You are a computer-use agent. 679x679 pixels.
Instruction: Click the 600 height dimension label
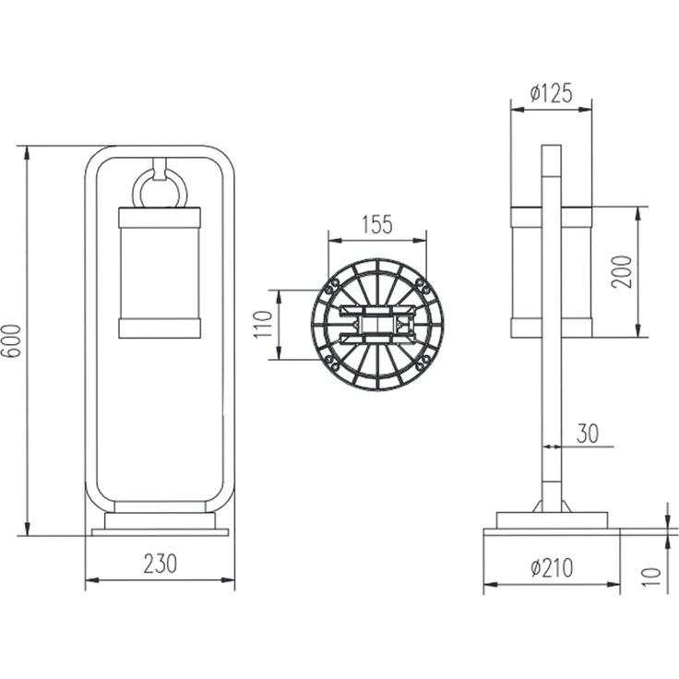coord(11,340)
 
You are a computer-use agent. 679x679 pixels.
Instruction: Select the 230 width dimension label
coord(160,564)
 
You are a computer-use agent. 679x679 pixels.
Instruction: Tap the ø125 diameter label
coord(552,93)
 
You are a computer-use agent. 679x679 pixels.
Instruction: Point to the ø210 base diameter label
coord(552,567)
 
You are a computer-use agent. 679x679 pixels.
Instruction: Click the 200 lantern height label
coord(622,271)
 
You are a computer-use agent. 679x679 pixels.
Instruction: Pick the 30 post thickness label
coord(588,433)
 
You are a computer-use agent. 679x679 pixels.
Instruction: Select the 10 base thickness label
coord(650,577)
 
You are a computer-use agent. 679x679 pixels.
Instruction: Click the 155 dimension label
coord(376,224)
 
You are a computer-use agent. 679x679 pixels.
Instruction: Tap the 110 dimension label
coord(263,324)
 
